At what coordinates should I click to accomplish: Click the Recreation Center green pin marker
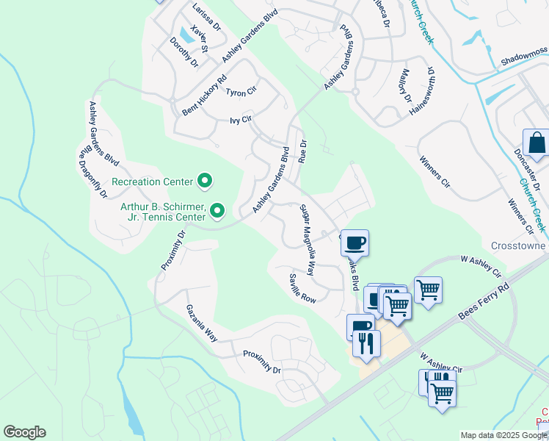tap(206, 181)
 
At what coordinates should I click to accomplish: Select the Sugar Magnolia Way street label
tap(308, 240)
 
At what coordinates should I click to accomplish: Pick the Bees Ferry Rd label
tap(483, 294)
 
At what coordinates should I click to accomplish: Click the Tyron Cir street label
tap(241, 93)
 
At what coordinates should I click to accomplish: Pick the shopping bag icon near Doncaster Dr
tap(537, 143)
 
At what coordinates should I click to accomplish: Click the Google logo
tap(24, 432)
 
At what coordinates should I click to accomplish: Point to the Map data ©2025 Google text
tap(503, 435)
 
